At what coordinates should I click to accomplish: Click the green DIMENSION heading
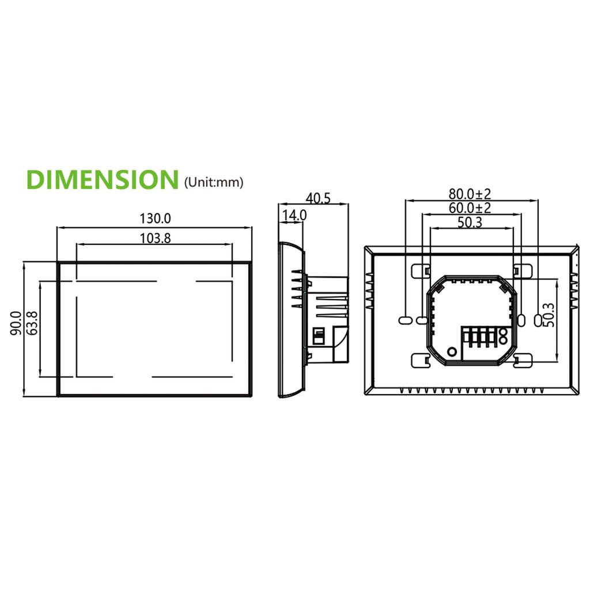pos(103,180)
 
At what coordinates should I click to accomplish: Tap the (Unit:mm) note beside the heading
pos(213,183)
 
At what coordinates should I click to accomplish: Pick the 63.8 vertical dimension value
pos(33,323)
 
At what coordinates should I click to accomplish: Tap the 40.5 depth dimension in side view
pos(318,198)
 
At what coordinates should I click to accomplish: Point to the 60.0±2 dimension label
pos(470,207)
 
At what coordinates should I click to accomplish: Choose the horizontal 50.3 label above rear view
pos(470,222)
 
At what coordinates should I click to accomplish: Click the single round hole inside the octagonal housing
pos(452,351)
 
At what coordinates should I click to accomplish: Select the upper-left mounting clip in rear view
pos(421,270)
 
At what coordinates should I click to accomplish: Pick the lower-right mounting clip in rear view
pos(523,361)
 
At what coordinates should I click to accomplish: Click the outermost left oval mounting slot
pos(405,319)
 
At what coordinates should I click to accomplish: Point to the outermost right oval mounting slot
pos(540,319)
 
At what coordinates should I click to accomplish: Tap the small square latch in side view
pos(317,335)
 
